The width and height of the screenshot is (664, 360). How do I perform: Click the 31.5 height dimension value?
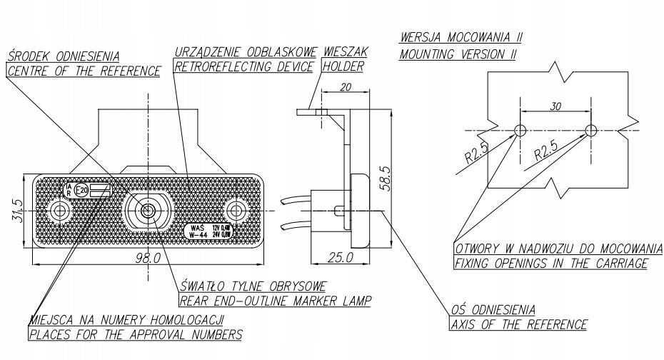tap(16, 210)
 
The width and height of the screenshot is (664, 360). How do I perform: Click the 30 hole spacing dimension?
tap(555, 104)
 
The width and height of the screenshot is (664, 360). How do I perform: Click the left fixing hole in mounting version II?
tap(520, 130)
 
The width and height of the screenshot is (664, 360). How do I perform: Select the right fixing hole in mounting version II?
tap(590, 130)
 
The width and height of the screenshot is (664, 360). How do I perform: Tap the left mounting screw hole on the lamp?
tap(60, 211)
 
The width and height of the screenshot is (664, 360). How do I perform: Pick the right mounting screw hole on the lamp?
tap(234, 211)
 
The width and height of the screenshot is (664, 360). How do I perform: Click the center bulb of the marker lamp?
tap(147, 211)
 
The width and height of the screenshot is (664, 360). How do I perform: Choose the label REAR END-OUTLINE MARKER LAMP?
tap(274, 301)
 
